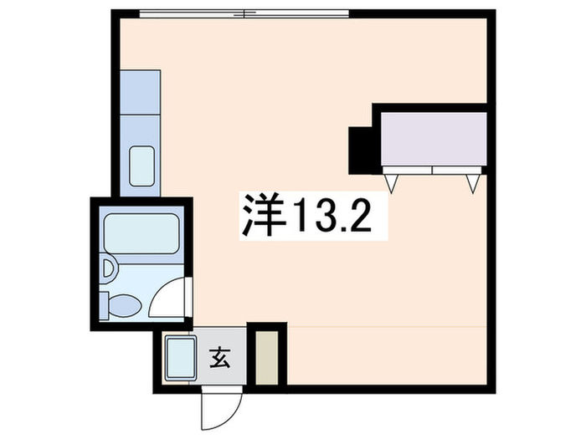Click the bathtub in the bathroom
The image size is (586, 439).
tap(141, 236)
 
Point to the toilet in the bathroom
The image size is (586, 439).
tap(123, 306)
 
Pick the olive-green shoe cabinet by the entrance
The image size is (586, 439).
tap(268, 358)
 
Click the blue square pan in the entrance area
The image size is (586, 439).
tap(179, 357)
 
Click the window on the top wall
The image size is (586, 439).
tap(243, 13)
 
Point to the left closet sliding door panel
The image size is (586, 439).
tap(408, 171)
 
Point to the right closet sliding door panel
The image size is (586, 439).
tap(458, 171)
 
